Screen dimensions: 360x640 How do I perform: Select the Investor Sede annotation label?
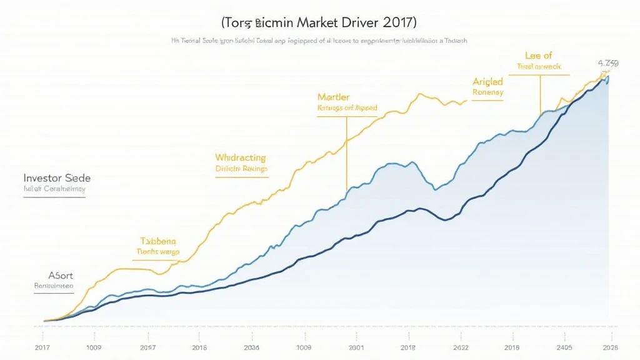pyautogui.click(x=56, y=177)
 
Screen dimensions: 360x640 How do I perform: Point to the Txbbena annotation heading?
pyautogui.click(x=159, y=241)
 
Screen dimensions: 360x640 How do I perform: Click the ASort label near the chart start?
pyautogui.click(x=61, y=275)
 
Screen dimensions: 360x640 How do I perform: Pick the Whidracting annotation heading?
pyautogui.click(x=240, y=157)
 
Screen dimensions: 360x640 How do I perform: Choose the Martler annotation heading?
pyautogui.click(x=333, y=97)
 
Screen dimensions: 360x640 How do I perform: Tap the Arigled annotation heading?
pyautogui.click(x=487, y=81)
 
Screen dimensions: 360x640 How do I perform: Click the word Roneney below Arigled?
pyautogui.click(x=487, y=92)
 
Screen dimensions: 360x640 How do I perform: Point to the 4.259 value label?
pyautogui.click(x=608, y=63)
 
